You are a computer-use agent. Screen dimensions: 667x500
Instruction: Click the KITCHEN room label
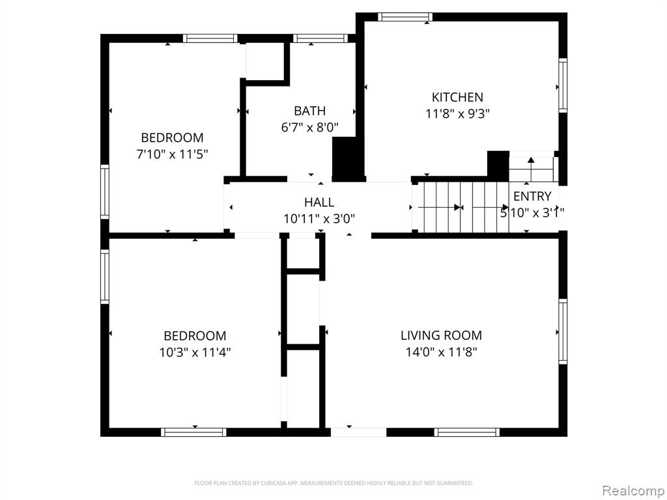coord(457,98)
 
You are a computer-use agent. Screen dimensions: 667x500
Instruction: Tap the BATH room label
coord(309,111)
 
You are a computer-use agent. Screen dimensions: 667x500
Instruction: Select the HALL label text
coord(319,202)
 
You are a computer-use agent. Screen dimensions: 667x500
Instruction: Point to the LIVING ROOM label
coord(441,335)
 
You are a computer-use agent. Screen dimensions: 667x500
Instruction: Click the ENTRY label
coord(532,196)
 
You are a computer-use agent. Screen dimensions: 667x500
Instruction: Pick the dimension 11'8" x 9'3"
coord(457,114)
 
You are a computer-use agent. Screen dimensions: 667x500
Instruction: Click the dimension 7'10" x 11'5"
coord(172,154)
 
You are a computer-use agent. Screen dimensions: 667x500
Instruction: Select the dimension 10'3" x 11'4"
coord(195,352)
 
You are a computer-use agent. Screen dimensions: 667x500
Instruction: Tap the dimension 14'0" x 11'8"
coord(441,352)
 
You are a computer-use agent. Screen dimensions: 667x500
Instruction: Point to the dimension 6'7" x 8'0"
coord(309,128)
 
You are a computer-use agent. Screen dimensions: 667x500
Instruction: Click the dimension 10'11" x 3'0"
coord(319,219)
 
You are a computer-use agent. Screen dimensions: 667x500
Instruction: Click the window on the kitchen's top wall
coord(405,17)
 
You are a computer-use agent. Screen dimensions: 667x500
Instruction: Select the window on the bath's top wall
coord(320,38)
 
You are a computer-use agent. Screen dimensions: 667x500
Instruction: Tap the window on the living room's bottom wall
coord(467,432)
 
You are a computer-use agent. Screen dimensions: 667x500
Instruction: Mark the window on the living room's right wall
coord(563,331)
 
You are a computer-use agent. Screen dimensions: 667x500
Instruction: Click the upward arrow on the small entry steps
coord(531,165)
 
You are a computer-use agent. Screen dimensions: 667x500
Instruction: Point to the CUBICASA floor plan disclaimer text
coord(333,483)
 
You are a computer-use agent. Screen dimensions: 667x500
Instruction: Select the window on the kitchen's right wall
coord(563,85)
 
